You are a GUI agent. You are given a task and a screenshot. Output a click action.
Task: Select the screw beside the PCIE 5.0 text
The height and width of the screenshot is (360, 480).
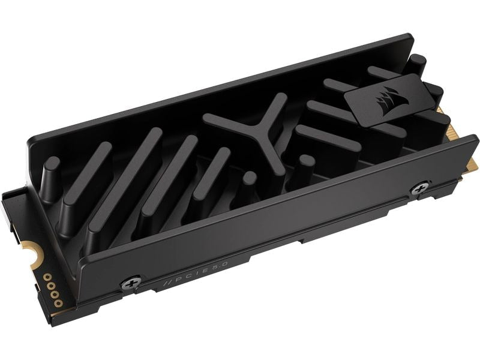click(x=131, y=283)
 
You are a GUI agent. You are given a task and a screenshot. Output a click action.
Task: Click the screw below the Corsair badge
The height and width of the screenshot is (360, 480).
click(x=419, y=189)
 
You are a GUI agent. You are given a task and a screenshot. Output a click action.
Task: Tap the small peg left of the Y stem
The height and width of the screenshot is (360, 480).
click(x=249, y=178)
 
